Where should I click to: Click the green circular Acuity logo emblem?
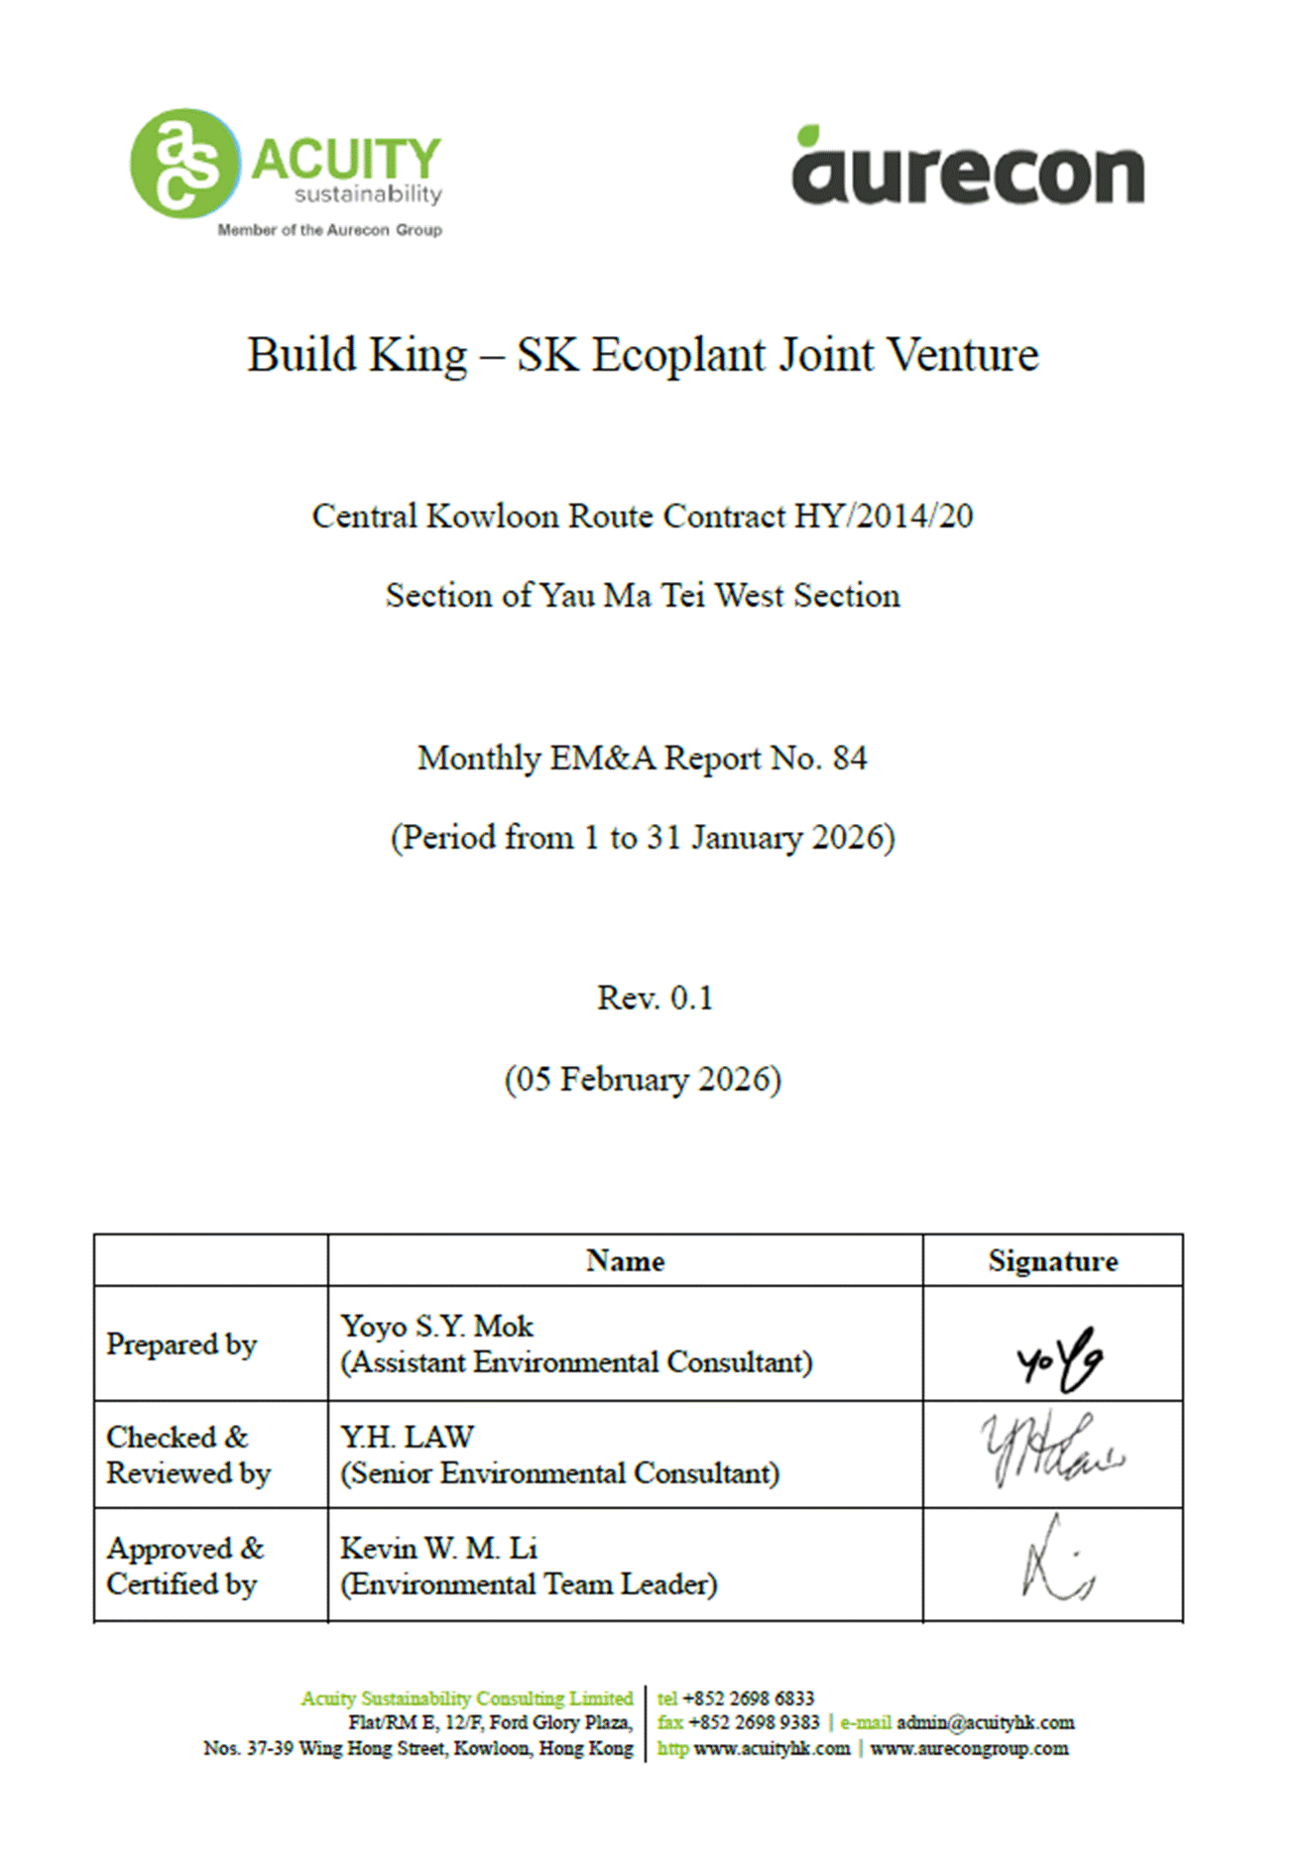184,164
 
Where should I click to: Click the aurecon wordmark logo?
968,174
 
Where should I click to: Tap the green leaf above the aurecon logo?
809,136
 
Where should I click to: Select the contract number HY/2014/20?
884,517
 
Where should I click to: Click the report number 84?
850,758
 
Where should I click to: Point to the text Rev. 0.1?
654,997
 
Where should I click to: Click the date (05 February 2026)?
643,1079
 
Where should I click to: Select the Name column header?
625,1261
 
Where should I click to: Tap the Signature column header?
1052,1261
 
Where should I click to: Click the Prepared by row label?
181,1344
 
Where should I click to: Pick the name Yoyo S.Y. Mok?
436,1327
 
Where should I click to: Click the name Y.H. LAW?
407,1438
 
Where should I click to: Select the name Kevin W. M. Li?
438,1549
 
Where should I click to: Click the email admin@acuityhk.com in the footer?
985,1723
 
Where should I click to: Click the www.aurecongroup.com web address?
969,1749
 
